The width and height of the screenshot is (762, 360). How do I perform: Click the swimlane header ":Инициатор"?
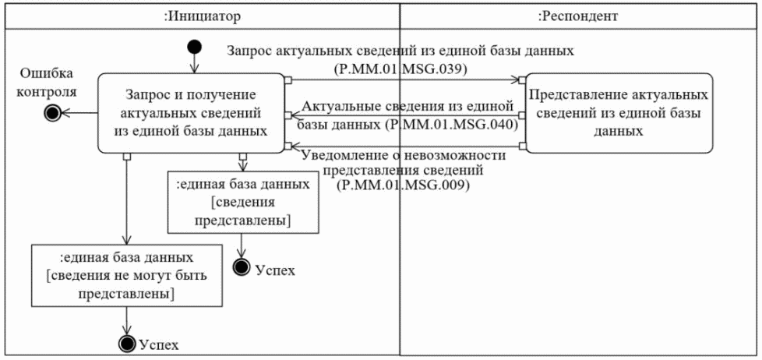point(200,15)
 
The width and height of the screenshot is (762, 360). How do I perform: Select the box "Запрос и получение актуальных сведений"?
point(189,113)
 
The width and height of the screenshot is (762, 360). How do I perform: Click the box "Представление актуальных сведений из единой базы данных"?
point(619,113)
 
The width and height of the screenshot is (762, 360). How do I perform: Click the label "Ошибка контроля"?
point(48,82)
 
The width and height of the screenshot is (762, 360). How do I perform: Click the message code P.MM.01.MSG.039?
point(400,68)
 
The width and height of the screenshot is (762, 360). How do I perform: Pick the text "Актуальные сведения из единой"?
point(407,104)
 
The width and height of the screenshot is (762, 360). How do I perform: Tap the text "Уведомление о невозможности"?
point(404,156)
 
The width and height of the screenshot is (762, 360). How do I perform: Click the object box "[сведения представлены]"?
point(244,204)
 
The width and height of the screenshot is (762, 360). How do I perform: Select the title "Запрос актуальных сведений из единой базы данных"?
point(400,51)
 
